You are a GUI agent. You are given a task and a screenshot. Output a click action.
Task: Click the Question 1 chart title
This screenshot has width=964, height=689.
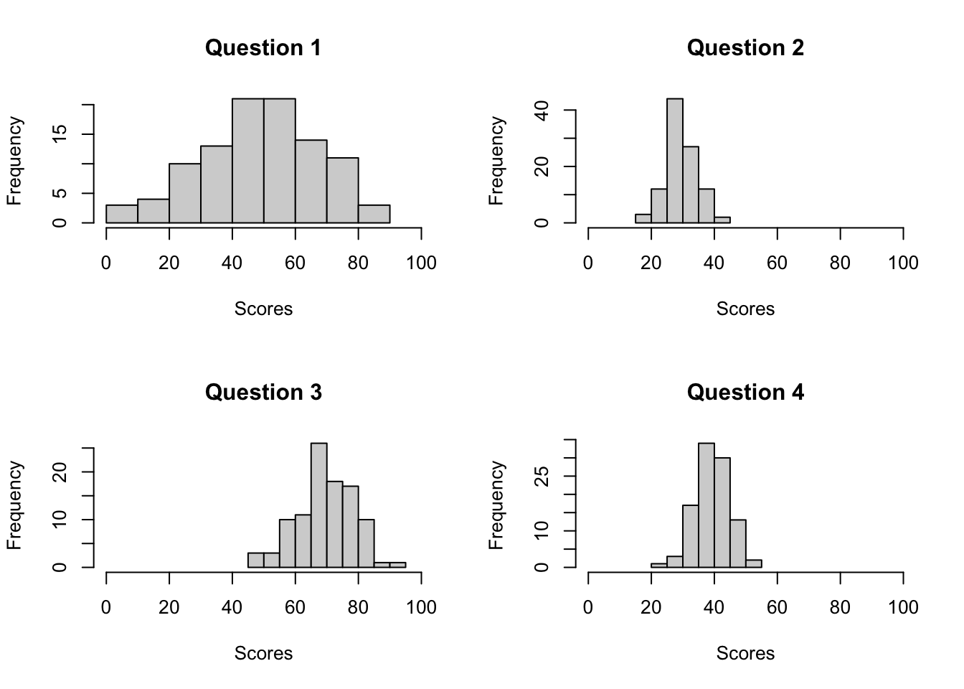(x=263, y=48)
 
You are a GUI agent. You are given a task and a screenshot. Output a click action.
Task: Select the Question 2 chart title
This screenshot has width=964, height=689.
(x=745, y=48)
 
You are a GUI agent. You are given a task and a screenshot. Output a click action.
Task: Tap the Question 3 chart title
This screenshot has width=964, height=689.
(x=263, y=393)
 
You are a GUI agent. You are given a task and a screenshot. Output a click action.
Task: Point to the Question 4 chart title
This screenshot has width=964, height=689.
(x=745, y=393)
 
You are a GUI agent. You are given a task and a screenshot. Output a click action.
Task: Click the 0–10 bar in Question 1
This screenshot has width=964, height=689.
(x=122, y=214)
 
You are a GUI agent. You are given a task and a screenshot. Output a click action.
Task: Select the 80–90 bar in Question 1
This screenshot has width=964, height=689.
(x=374, y=214)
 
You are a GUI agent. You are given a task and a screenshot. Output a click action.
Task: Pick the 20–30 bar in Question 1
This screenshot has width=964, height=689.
(x=185, y=194)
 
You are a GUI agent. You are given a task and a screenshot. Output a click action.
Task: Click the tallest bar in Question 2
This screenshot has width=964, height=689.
(x=674, y=161)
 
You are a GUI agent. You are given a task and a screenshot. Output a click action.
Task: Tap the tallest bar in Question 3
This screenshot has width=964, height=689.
(x=318, y=505)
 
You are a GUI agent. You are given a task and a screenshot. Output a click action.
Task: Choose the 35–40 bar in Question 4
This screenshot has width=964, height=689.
(x=706, y=505)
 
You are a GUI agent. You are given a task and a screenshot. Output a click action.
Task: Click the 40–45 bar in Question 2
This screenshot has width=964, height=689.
(x=722, y=220)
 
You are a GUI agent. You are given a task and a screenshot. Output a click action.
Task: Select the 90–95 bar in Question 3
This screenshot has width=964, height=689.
(x=397, y=565)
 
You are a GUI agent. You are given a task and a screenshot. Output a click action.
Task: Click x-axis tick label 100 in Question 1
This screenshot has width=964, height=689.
(x=421, y=263)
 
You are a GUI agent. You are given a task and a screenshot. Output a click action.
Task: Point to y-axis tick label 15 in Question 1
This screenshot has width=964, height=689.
(x=60, y=134)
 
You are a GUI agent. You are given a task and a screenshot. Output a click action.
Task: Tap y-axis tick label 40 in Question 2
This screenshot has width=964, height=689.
(x=542, y=111)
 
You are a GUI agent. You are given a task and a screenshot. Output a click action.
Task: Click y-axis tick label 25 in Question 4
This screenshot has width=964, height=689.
(x=542, y=476)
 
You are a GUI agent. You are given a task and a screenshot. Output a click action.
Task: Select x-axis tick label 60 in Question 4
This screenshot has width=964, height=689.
(x=777, y=608)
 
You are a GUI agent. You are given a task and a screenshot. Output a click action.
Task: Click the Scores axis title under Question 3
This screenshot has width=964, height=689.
(x=263, y=653)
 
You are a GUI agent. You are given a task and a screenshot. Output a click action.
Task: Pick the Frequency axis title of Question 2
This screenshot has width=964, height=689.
(x=496, y=161)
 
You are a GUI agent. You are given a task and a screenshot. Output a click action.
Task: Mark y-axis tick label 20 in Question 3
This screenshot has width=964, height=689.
(x=60, y=472)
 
